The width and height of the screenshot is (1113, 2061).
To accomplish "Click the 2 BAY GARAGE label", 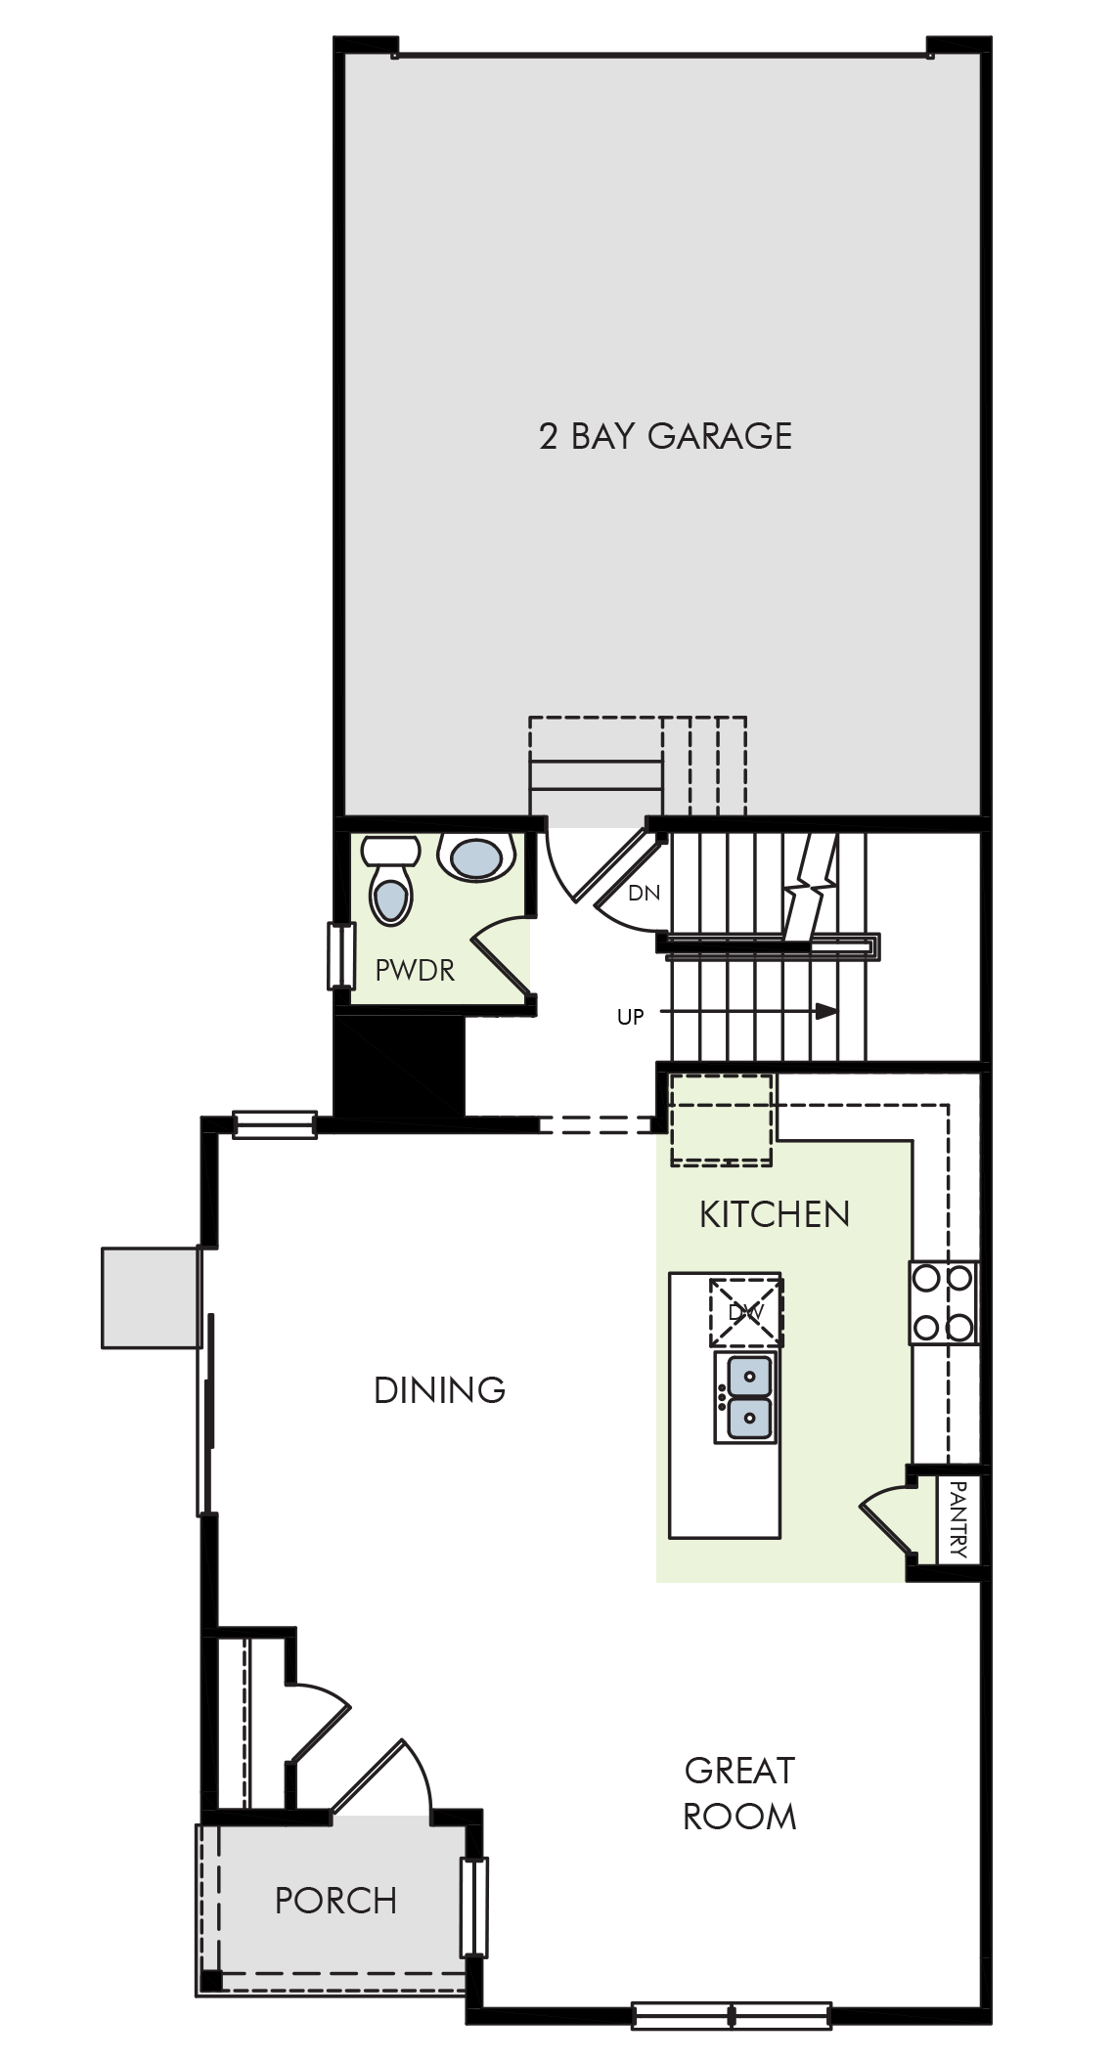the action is pyautogui.click(x=665, y=436).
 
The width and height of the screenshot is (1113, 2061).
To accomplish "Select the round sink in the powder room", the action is pyautogui.click(x=476, y=857).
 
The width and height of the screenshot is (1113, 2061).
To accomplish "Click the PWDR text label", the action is pyautogui.click(x=415, y=970).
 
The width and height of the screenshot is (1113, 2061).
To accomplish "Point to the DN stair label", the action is pyautogui.click(x=644, y=893).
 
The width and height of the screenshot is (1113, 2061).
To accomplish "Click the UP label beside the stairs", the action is pyautogui.click(x=631, y=1017).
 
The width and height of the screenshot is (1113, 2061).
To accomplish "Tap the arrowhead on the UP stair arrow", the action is pyautogui.click(x=827, y=1011).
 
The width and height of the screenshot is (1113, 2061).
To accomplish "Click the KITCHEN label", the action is pyautogui.click(x=775, y=1214).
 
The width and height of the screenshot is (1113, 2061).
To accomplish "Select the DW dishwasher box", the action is pyautogui.click(x=745, y=1312).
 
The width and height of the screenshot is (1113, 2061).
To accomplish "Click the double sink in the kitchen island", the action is pyautogui.click(x=746, y=1397).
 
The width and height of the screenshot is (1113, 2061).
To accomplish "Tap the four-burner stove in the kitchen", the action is pyautogui.click(x=944, y=1302).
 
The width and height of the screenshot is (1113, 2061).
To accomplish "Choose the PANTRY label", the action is pyautogui.click(x=958, y=1519).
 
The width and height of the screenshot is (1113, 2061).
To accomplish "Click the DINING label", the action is pyautogui.click(x=440, y=1389).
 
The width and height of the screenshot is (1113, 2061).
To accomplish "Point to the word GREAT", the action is pyautogui.click(x=739, y=1771).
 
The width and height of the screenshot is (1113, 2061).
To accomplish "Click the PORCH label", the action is pyautogui.click(x=335, y=1901).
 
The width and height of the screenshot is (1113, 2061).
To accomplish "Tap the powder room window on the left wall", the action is pyautogui.click(x=339, y=955).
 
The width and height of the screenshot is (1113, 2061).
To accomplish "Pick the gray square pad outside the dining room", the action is pyautogui.click(x=151, y=1297).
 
